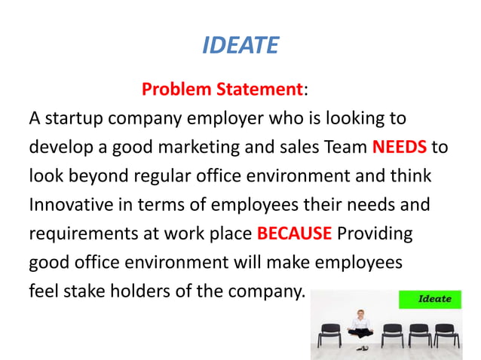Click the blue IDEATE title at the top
coord(240,46)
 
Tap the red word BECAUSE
coord(294,233)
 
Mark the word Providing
coord(374,233)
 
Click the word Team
coord(345,147)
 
